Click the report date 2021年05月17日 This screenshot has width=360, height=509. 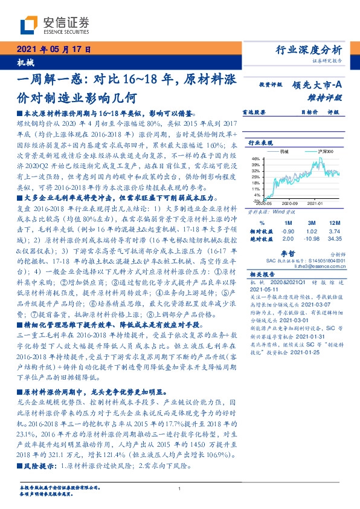pos(53,50)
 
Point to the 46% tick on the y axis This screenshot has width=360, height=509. pos(257,157)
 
